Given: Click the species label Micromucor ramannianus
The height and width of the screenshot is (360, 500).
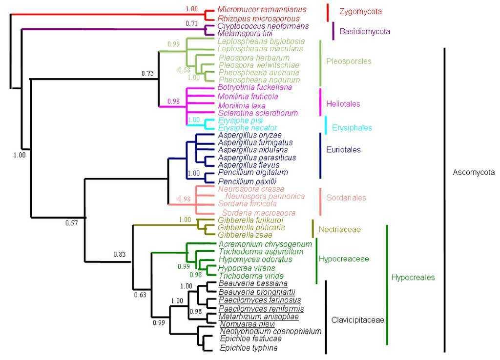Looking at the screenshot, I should pos(255,9).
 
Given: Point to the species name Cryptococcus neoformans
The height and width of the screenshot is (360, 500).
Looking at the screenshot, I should pos(256,25).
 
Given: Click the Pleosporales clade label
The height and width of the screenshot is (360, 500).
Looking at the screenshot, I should pos(349,61).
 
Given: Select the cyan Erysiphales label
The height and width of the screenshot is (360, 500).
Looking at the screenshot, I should pos(352,128).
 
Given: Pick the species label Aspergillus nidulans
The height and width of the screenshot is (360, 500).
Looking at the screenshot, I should pos(250,150).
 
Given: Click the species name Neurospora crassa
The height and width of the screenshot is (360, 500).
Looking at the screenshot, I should pos(244,189).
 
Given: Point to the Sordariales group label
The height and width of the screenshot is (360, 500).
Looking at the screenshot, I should pos(345,198).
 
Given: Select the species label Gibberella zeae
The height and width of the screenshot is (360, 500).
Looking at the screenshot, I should pos(238,235).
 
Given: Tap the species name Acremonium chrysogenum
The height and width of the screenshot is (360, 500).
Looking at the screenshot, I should pos(265,244).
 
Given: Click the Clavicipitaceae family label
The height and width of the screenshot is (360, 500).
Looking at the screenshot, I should pos(357,320).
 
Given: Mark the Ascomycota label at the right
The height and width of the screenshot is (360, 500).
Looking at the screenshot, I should pos(473,172).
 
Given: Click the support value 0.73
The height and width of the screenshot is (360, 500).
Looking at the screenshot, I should pos(147,73).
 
